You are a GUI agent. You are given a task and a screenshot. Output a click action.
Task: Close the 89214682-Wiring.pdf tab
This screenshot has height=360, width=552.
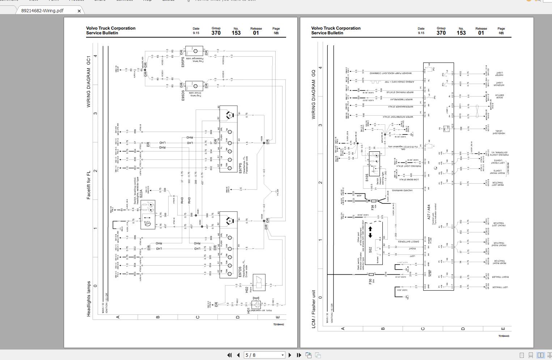(79, 11)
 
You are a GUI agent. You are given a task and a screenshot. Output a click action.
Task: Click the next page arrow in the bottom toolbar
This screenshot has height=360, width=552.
(290, 355)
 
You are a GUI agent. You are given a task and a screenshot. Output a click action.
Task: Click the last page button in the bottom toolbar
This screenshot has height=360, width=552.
(299, 355)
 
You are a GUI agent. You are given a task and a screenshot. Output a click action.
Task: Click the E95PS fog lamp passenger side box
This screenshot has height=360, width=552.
(194, 51)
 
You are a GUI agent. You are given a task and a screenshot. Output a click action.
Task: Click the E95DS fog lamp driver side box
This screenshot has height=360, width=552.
(194, 86)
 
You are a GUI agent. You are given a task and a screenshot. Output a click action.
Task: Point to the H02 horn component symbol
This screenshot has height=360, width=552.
(259, 283)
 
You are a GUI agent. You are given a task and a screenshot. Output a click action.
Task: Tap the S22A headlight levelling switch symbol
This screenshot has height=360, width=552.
(148, 214)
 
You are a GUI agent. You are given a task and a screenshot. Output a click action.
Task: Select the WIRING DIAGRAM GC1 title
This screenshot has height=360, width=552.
(89, 82)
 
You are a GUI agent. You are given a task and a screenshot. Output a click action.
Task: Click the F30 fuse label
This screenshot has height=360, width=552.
(370, 280)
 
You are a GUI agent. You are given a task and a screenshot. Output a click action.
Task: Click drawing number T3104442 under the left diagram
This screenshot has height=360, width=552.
(279, 325)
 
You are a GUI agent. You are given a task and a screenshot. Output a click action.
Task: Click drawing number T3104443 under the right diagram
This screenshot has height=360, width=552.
(504, 336)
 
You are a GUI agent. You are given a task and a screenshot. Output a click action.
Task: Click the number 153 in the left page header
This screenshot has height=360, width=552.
(236, 33)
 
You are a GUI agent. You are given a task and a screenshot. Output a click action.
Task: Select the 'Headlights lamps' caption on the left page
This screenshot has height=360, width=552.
(89, 299)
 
